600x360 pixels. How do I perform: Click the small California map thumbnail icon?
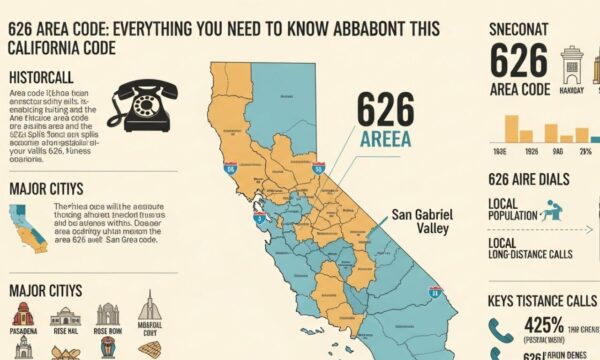27,229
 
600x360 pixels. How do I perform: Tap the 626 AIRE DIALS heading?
529,180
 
